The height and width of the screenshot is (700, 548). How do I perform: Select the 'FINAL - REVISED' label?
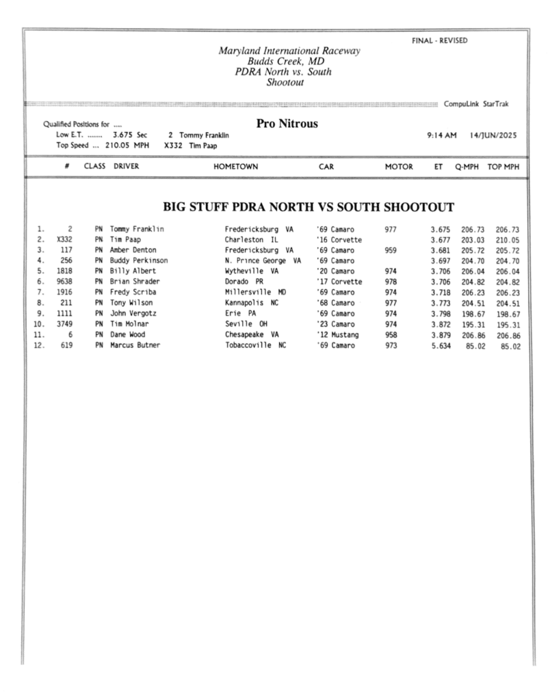[x=440, y=41]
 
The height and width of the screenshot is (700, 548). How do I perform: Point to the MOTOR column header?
[x=398, y=166]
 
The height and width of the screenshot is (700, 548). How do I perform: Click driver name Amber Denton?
[x=133, y=250]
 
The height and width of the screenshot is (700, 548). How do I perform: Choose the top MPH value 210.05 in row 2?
[x=508, y=240]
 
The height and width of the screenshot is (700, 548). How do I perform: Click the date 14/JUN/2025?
[x=493, y=135]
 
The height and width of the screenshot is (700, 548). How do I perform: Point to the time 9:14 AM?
[x=441, y=135]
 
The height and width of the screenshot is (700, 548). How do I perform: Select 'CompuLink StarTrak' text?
[x=476, y=104]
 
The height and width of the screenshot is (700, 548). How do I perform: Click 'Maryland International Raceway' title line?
[x=289, y=51]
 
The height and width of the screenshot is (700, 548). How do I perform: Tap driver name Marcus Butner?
[x=135, y=346]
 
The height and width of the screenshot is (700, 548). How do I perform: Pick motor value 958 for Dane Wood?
[x=391, y=335]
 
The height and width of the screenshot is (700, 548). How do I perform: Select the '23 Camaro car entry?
[x=335, y=325]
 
